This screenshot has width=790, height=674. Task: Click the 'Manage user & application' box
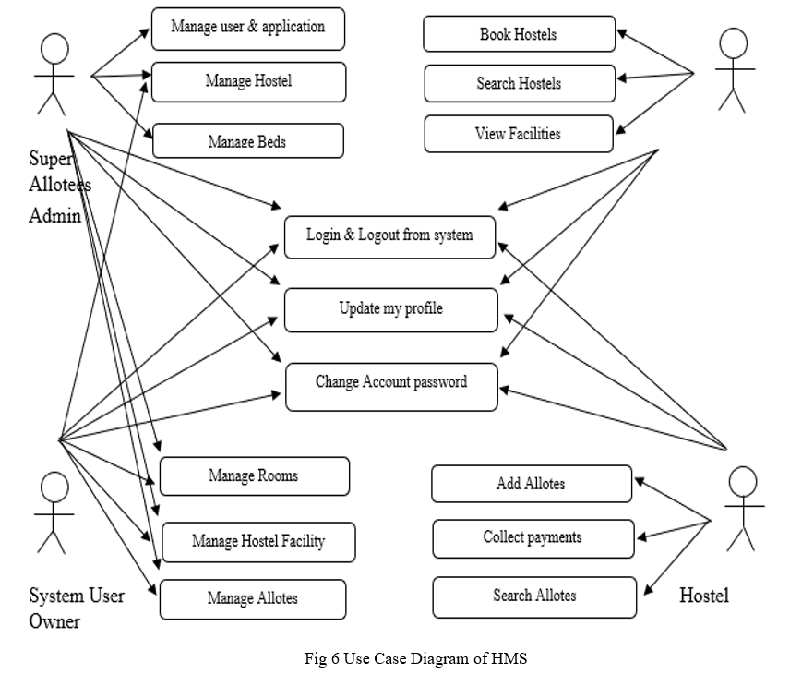(248, 29)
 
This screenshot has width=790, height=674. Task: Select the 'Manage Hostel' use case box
(248, 81)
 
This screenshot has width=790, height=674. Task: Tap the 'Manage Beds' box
(248, 140)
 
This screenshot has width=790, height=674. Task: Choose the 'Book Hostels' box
(519, 34)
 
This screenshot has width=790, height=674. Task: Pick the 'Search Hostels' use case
(520, 83)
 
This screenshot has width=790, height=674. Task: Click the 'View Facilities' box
(519, 134)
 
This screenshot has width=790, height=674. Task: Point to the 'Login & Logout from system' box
(389, 237)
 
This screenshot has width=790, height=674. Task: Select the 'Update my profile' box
(391, 310)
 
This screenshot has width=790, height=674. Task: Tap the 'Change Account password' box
(391, 387)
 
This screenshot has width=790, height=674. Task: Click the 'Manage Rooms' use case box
(255, 475)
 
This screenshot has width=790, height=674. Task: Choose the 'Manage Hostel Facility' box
(258, 542)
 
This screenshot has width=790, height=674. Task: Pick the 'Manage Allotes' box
(253, 599)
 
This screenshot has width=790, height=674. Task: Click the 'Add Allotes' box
(532, 484)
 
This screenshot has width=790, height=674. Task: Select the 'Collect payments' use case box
(533, 538)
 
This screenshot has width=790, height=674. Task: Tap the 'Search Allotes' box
(534, 596)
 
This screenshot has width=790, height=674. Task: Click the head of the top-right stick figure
(733, 42)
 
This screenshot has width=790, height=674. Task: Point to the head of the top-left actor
(54, 48)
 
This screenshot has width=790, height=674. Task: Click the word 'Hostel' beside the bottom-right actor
(704, 596)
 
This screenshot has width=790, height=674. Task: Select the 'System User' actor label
(77, 596)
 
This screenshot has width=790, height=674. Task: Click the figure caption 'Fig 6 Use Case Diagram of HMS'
(415, 658)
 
